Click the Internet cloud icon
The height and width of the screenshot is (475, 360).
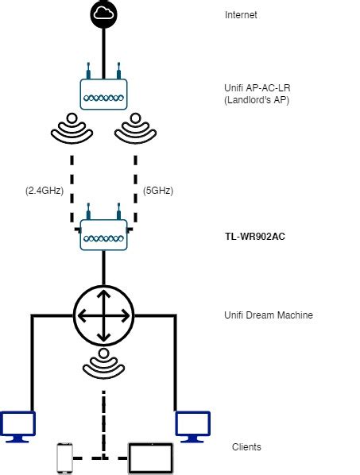click(103, 13)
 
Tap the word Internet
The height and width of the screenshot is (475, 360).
click(242, 15)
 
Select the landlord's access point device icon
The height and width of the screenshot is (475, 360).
click(103, 92)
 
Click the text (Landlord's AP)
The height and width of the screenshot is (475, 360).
click(256, 101)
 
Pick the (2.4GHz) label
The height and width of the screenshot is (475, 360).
click(44, 191)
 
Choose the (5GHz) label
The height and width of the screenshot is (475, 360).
click(157, 191)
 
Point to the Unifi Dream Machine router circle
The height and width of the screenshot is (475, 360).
click(103, 315)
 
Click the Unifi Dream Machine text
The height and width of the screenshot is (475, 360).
click(269, 315)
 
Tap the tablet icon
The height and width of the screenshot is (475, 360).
click(151, 458)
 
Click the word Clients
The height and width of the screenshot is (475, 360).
click(246, 447)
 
